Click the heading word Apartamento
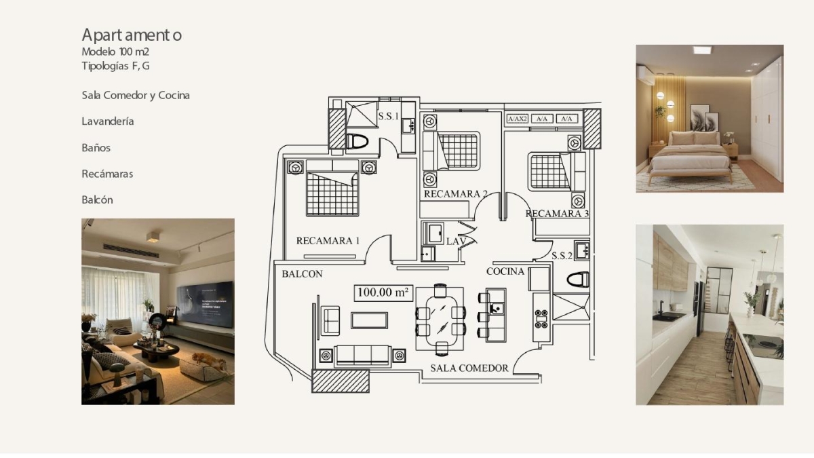click(132, 35)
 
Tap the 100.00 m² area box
click(383, 292)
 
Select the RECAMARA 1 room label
click(328, 241)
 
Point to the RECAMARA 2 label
click(456, 194)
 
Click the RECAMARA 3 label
click(557, 214)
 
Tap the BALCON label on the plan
click(303, 274)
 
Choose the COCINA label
click(505, 271)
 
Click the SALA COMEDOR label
click(469, 368)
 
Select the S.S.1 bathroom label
click(389, 116)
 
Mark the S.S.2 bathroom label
click(562, 256)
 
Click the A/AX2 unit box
click(517, 119)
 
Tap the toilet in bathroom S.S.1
click(357, 141)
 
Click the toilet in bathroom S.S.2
click(578, 280)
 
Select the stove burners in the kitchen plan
click(541, 319)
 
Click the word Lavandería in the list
click(108, 121)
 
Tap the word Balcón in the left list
click(98, 200)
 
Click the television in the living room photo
click(206, 304)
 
